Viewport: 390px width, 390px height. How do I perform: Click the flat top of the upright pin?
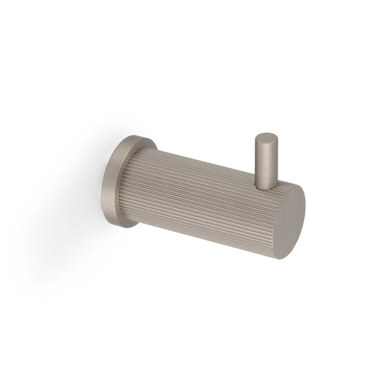[x=265, y=138]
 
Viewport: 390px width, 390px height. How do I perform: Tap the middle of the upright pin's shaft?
[x=265, y=162]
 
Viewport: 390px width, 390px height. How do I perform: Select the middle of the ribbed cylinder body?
[x=205, y=198]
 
